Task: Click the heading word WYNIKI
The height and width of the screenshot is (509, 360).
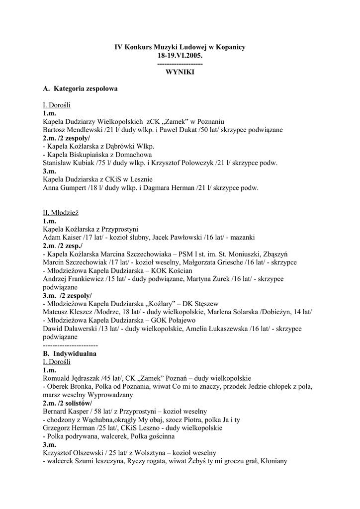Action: pyautogui.click(x=180, y=72)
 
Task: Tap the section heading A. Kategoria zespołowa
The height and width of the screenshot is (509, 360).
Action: pyautogui.click(x=81, y=88)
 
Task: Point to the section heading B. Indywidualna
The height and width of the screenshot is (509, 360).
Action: pyautogui.click(x=70, y=353)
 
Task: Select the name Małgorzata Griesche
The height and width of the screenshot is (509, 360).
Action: pyautogui.click(x=223, y=262)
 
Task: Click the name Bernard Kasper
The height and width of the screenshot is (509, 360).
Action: pyautogui.click(x=64, y=412)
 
